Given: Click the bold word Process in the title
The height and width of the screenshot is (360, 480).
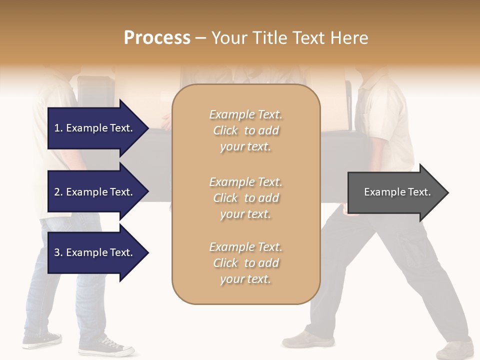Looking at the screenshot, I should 157,38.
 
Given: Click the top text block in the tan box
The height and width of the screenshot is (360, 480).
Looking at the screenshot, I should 245,130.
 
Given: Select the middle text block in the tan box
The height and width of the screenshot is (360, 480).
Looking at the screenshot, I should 245,198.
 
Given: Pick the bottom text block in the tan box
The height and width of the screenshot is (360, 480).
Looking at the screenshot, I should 245,263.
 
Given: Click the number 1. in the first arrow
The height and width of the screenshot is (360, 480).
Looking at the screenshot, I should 58,128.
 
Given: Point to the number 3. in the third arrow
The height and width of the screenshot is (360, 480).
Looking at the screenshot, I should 58,253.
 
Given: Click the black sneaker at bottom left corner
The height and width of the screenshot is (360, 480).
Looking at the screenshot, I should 42,340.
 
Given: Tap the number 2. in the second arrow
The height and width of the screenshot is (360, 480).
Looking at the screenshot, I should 58,192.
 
